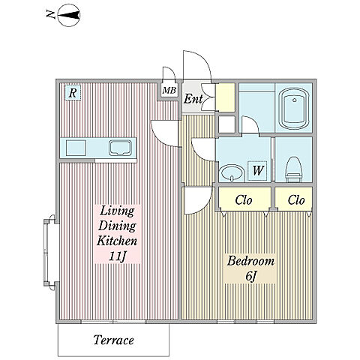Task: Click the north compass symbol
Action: pyautogui.click(x=69, y=16)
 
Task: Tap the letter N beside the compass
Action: pyautogui.click(x=51, y=15)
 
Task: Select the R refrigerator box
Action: pyautogui.click(x=73, y=93)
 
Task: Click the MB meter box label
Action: pyautogui.click(x=169, y=90)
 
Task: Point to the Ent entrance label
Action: pyautogui.click(x=193, y=99)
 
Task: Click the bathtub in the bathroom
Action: pyautogui.click(x=295, y=109)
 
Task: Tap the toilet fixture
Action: pyautogui.click(x=294, y=169)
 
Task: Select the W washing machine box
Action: pyautogui.click(x=257, y=170)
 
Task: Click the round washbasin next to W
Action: pyautogui.click(x=232, y=173)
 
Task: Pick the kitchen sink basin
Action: pyautogui.click(x=120, y=148)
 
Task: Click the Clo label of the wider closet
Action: pyautogui.click(x=244, y=200)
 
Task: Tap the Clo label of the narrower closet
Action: pyautogui.click(x=296, y=200)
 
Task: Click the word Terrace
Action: pyautogui.click(x=114, y=340)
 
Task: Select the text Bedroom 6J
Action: pyautogui.click(x=250, y=268)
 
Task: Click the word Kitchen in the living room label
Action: pyautogui.click(x=117, y=241)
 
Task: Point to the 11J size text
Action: pyautogui.click(x=117, y=256)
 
